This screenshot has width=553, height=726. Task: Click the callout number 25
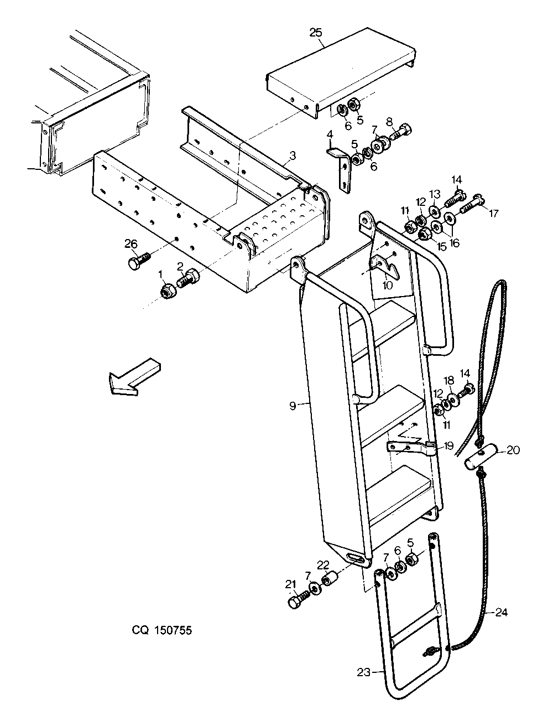316,33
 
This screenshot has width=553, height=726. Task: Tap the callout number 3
292,155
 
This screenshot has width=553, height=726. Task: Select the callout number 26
131,244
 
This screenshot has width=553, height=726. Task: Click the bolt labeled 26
138,262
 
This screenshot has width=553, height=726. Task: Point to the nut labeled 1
168,291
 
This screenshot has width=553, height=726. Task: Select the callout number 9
293,406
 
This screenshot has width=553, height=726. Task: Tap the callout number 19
448,445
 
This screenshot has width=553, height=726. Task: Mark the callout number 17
493,214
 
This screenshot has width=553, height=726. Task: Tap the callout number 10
387,285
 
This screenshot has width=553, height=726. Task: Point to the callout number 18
448,381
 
